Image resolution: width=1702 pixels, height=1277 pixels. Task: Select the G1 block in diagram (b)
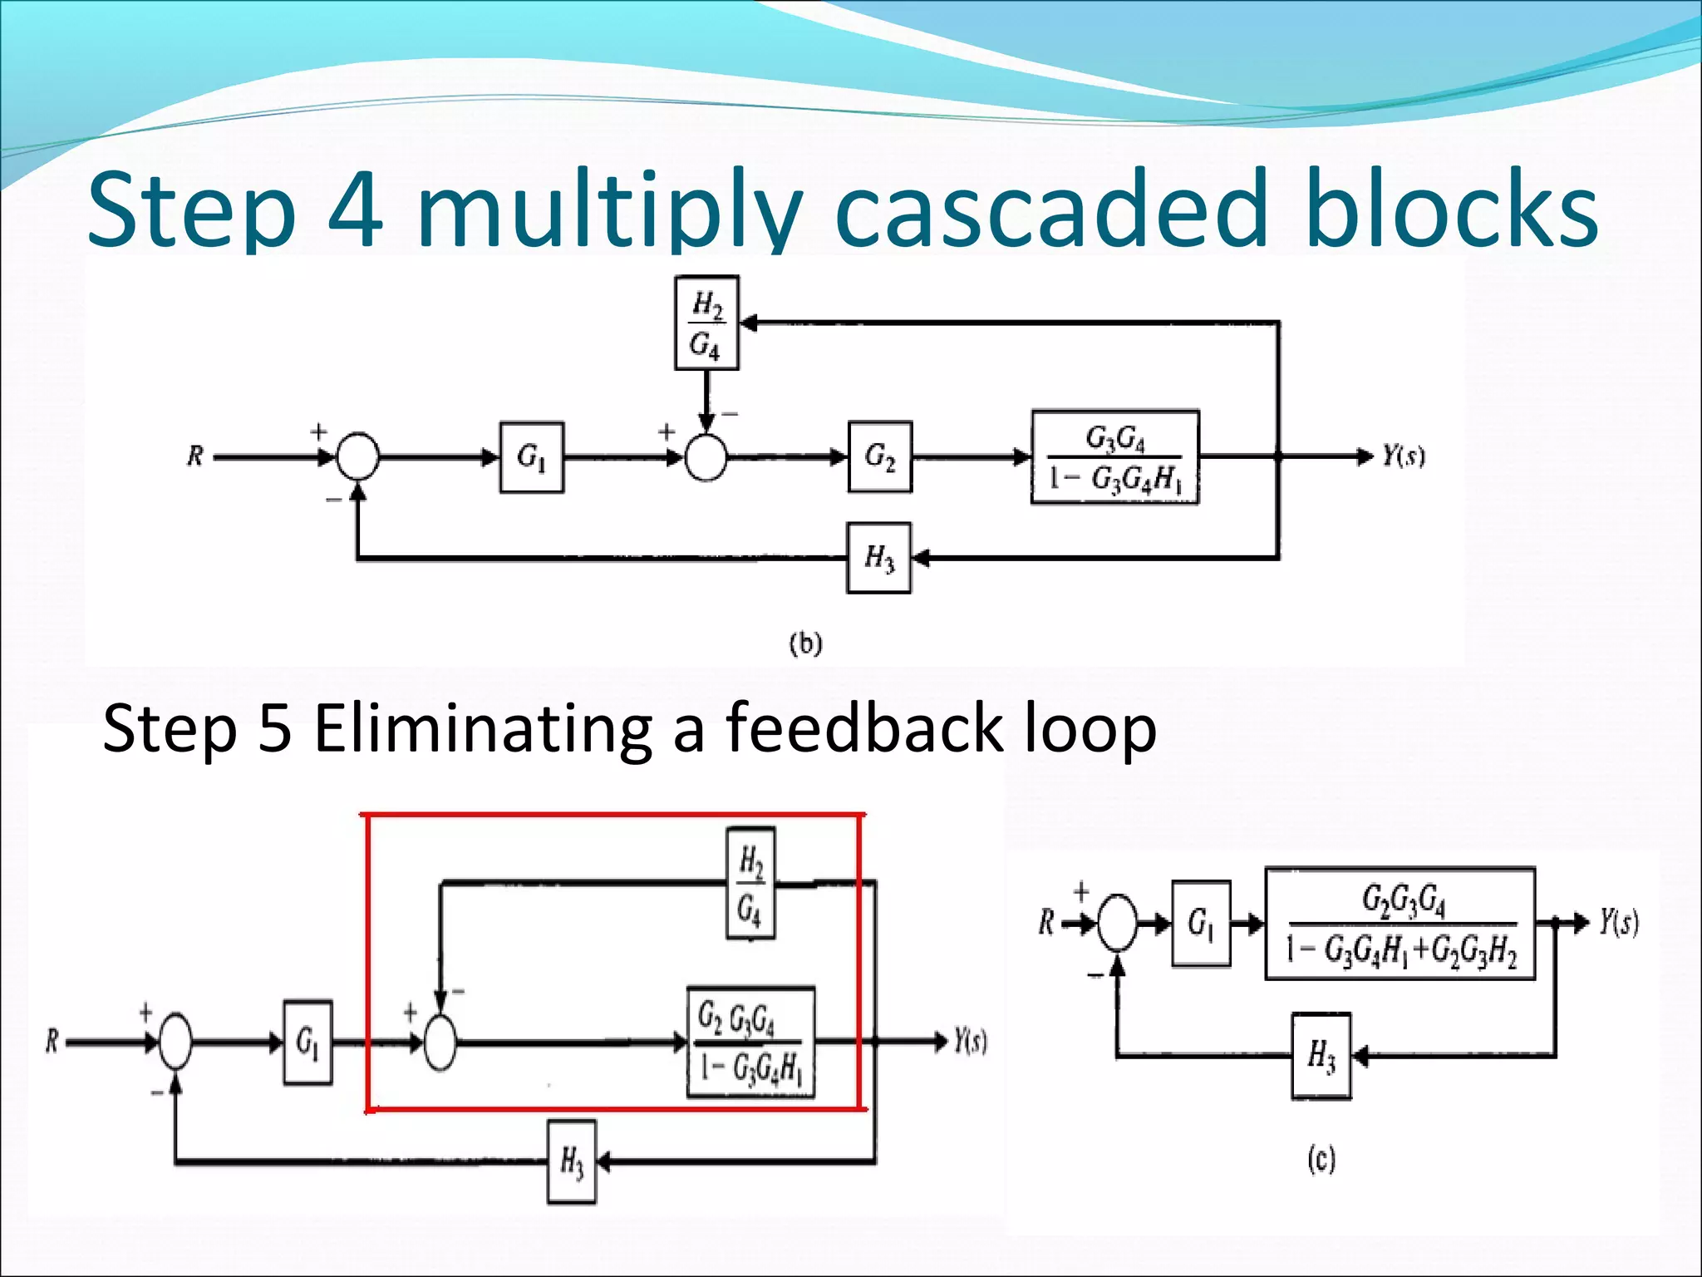point(532,457)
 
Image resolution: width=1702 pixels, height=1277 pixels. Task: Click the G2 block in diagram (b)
point(879,457)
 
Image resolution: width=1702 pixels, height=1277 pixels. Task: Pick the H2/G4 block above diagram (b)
point(706,323)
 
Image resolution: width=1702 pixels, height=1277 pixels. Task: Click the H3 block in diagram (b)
point(878,558)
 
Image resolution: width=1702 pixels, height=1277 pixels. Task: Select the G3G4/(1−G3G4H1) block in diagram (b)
point(1114,457)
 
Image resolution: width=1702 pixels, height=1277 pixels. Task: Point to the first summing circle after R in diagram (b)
point(357,457)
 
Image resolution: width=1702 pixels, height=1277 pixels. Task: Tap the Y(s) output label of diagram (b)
point(1403,456)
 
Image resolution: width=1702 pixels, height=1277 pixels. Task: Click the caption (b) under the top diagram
point(805,643)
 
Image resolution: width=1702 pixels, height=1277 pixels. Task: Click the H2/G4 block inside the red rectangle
point(750,883)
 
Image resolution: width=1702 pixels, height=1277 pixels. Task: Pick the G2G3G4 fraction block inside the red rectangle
point(750,1043)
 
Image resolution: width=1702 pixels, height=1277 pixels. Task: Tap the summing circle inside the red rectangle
point(440,1043)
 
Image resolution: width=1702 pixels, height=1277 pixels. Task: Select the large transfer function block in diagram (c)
point(1399,924)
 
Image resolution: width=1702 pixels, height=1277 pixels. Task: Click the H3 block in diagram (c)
point(1321,1056)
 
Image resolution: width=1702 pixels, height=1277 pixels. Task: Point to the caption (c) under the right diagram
point(1321,1159)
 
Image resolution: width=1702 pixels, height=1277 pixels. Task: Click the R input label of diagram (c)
point(1047,922)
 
